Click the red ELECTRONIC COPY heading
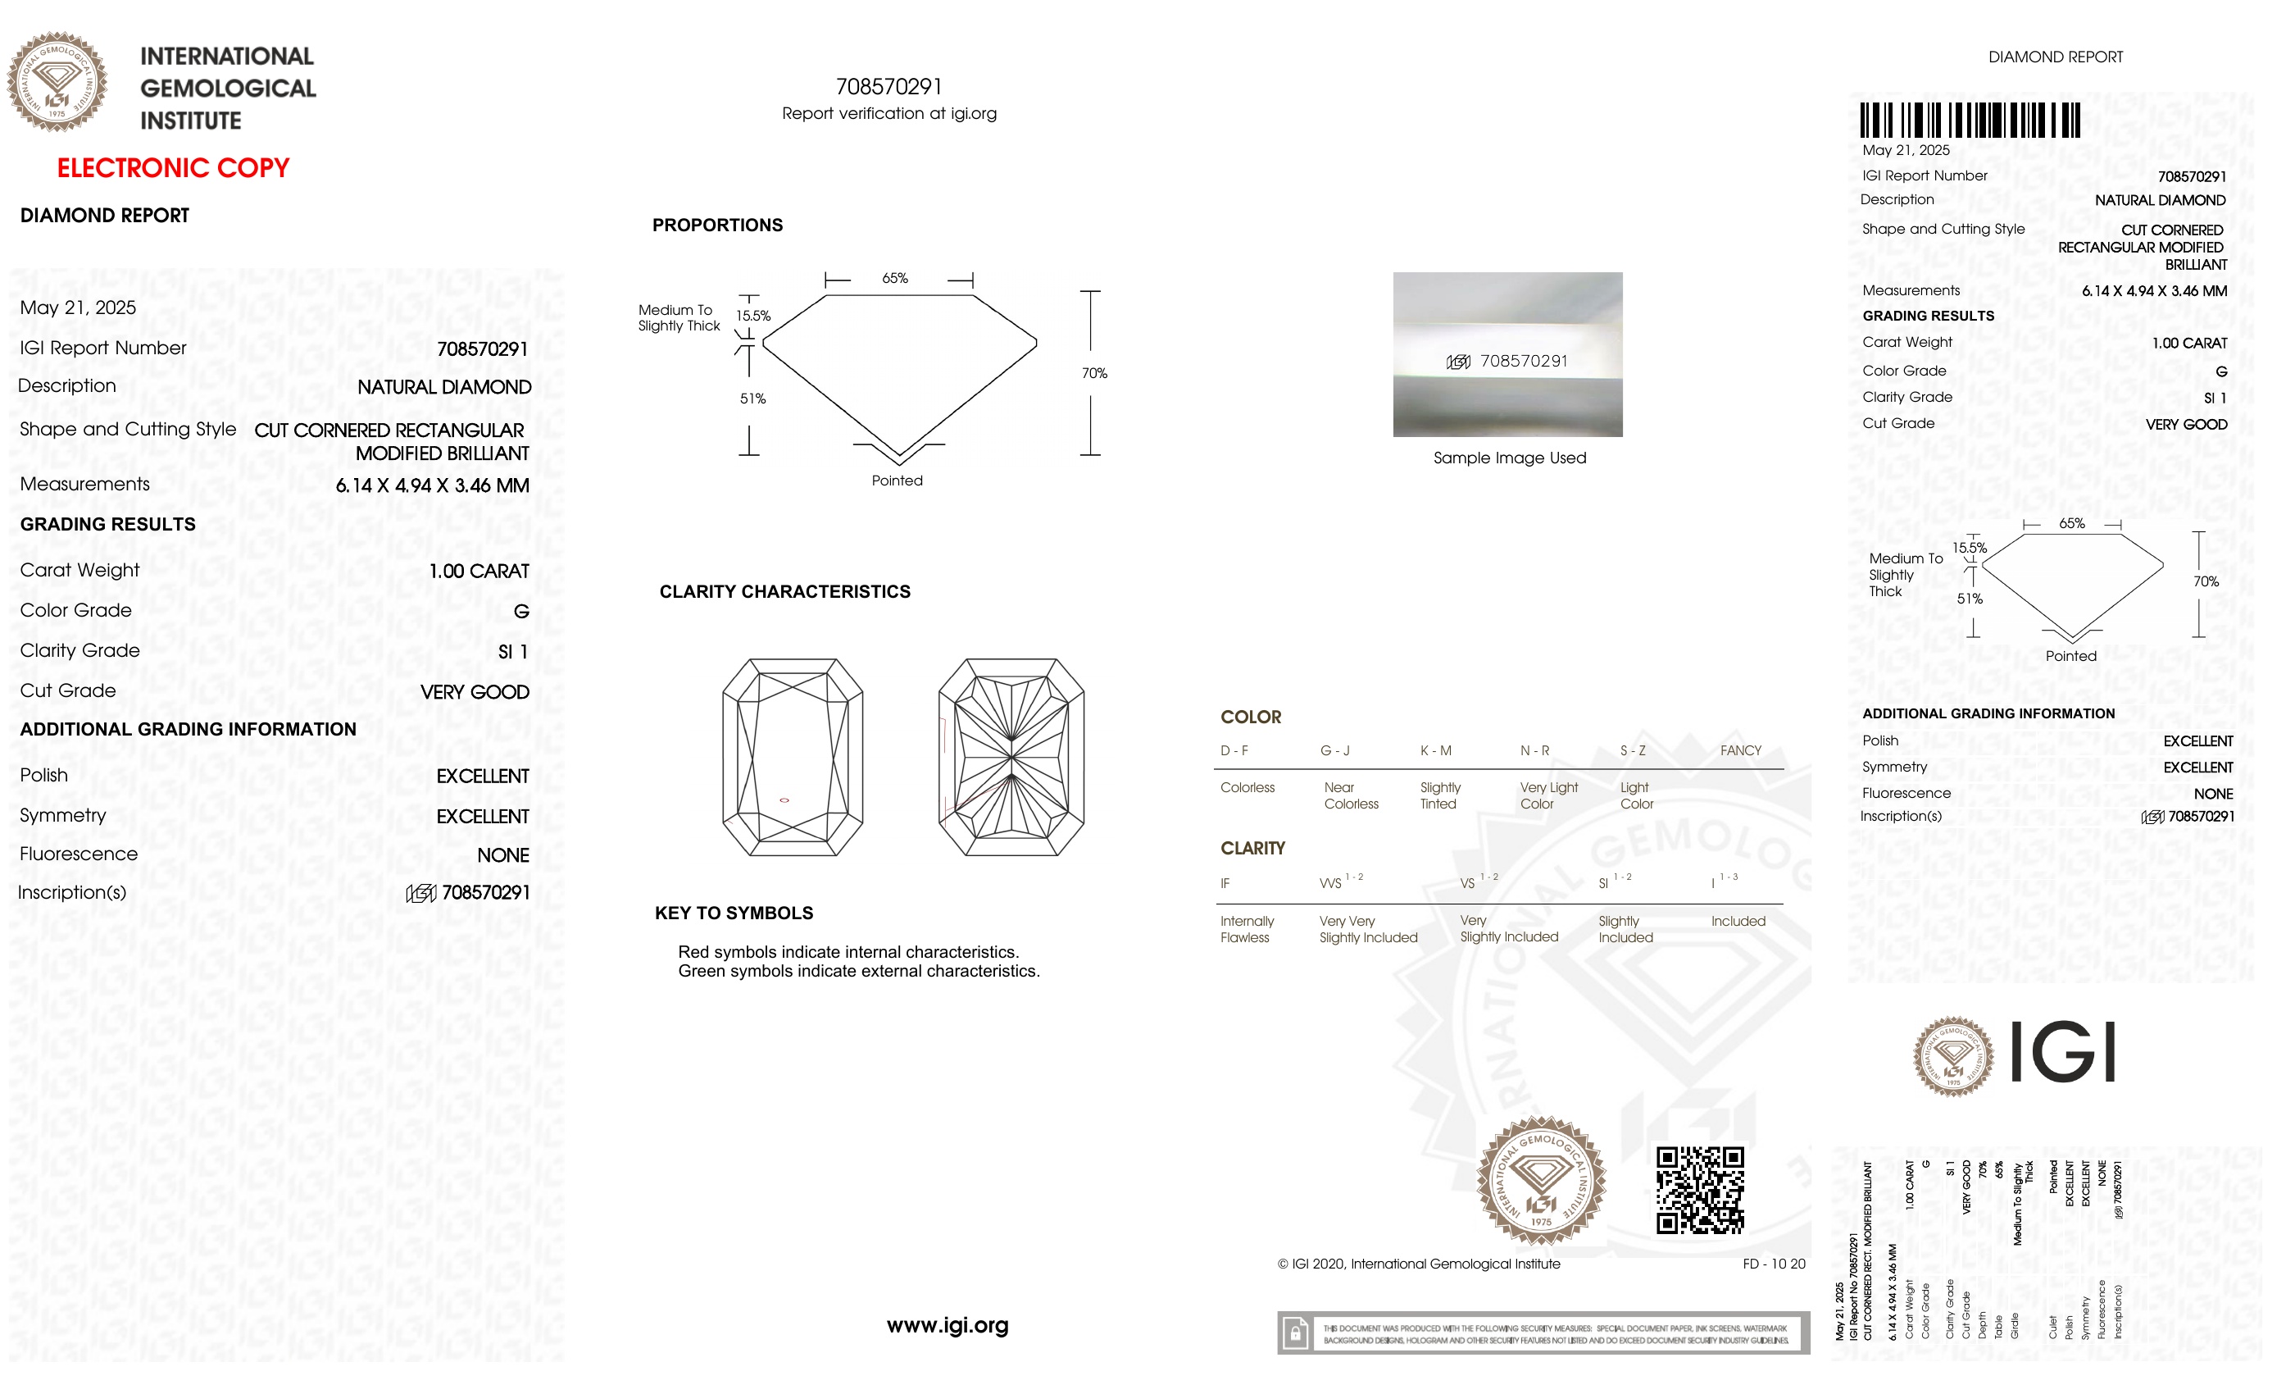[173, 168]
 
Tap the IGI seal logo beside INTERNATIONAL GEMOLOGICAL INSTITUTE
[57, 82]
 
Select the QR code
[1700, 1190]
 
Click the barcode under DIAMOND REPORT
[1969, 121]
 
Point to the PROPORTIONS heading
[717, 225]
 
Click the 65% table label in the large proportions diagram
[894, 279]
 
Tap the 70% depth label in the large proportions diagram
[1093, 374]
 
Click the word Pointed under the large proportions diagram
[897, 481]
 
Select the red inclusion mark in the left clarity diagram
[784, 800]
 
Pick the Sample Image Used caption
[1509, 458]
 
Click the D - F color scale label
[1234, 751]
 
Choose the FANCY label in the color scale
[1740, 751]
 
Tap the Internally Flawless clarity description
[1246, 929]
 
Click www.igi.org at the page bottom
[948, 1325]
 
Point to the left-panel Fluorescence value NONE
[503, 855]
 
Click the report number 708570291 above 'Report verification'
[888, 87]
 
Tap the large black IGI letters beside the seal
[2062, 1052]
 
